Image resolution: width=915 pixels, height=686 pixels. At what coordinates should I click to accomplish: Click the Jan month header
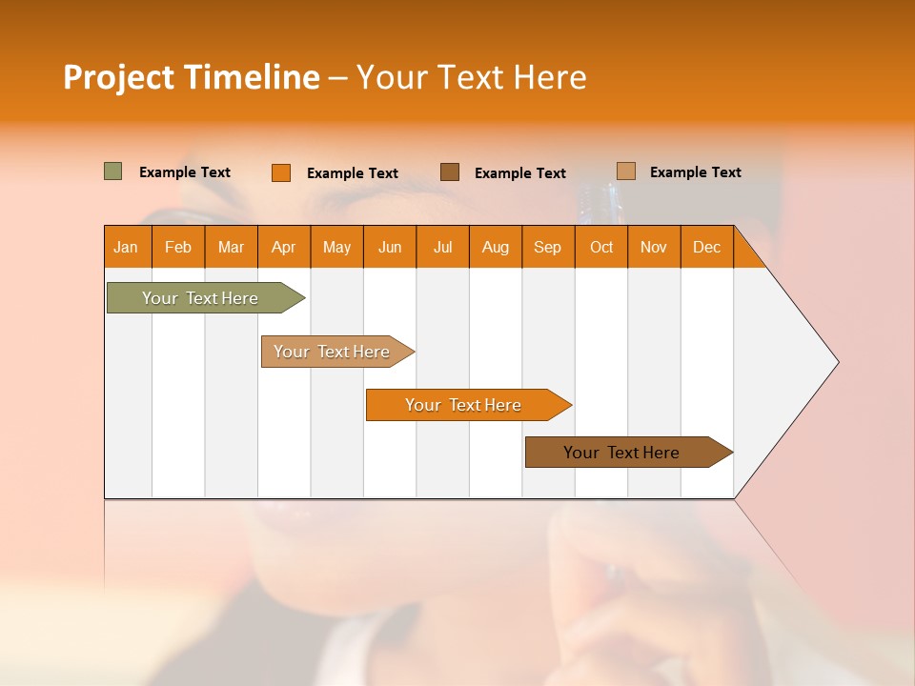tap(127, 247)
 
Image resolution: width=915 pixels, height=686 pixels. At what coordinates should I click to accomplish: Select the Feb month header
tap(178, 247)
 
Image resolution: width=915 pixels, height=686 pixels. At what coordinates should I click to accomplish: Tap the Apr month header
tap(284, 247)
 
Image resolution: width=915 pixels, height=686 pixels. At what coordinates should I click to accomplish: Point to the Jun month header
tap(390, 247)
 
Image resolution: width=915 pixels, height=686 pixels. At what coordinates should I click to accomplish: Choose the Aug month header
tap(496, 247)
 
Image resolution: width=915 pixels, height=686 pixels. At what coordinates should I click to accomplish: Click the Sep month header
tap(548, 247)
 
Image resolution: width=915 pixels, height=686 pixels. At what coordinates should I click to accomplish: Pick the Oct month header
tap(601, 247)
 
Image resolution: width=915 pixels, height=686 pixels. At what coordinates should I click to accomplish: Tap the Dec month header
tap(707, 247)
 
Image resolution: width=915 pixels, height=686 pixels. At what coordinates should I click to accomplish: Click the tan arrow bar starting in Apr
tap(334, 352)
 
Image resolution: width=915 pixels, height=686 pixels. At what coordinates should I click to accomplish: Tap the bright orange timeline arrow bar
tap(464, 405)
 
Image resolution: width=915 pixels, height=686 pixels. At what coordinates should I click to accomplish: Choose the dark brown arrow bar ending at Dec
tap(623, 453)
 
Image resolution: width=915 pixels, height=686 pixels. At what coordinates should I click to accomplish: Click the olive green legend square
tap(113, 171)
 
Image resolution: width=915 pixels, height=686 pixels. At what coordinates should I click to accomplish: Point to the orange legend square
tap(281, 172)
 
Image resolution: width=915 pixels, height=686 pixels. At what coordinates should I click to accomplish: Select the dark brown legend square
tap(450, 171)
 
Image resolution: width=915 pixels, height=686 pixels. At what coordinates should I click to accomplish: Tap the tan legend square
tap(626, 171)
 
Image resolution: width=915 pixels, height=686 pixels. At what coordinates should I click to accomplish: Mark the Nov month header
tap(654, 247)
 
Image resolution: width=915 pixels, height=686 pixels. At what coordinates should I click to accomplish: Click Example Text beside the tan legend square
tap(696, 172)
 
